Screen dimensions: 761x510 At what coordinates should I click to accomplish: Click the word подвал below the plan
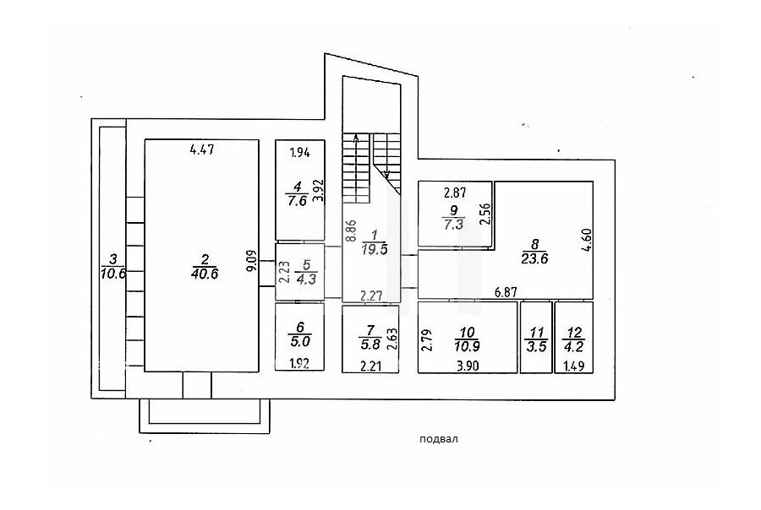tap(439, 440)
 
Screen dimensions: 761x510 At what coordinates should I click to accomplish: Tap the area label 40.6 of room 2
tap(205, 274)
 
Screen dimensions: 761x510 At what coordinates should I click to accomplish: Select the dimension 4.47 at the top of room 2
tap(202, 149)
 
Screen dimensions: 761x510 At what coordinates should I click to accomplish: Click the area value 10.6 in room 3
tap(113, 274)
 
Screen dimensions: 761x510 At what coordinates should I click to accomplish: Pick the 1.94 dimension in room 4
tap(300, 153)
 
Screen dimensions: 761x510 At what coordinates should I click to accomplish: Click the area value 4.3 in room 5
tap(306, 279)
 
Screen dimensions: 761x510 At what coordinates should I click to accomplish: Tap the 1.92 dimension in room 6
tap(299, 364)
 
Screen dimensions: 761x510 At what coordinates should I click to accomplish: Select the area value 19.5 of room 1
tap(375, 249)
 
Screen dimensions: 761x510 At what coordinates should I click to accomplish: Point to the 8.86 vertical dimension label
tap(350, 231)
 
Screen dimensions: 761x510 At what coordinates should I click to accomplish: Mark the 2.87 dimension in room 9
tap(455, 193)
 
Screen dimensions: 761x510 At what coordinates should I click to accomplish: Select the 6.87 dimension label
tap(506, 292)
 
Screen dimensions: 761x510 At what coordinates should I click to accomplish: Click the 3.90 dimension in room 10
tap(467, 365)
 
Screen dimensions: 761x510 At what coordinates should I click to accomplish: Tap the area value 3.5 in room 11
tap(536, 347)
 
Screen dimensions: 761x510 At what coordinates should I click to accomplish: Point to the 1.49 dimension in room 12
tap(574, 365)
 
